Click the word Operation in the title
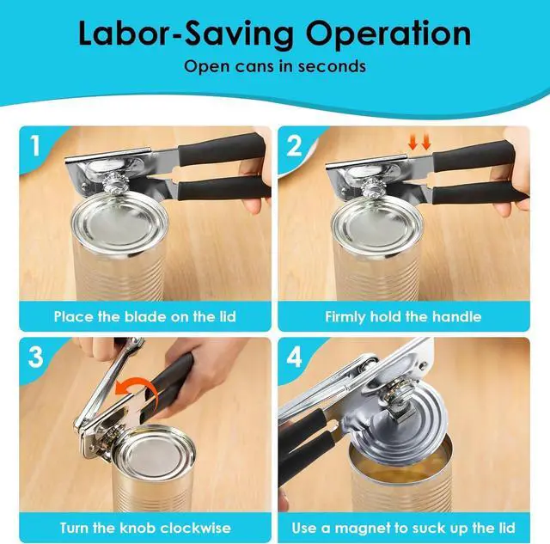coord(388,34)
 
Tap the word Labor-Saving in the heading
coord(186,34)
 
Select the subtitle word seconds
coord(332,66)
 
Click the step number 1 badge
coord(35,145)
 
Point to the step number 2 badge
coord(294,145)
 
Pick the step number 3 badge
coord(35,357)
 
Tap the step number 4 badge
coord(294,357)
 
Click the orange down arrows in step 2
coord(419,142)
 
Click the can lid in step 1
coord(119,223)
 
